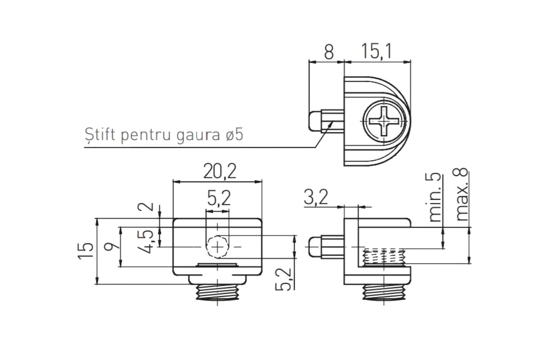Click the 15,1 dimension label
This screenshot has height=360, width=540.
(377, 52)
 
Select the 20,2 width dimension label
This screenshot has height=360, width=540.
(220, 171)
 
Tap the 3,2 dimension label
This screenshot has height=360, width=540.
(316, 197)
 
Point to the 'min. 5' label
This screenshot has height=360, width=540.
(435, 197)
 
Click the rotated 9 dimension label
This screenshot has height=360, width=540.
(112, 247)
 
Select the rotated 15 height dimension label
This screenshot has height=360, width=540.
(85, 251)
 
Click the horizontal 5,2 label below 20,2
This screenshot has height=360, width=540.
(219, 198)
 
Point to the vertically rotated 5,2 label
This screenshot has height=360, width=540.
(284, 279)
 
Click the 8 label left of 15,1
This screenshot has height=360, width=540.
(329, 52)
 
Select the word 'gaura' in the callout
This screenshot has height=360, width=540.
(198, 136)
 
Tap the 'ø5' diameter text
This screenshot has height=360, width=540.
(234, 135)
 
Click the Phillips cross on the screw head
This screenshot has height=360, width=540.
(384, 121)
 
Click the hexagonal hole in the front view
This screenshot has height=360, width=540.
(217, 247)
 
